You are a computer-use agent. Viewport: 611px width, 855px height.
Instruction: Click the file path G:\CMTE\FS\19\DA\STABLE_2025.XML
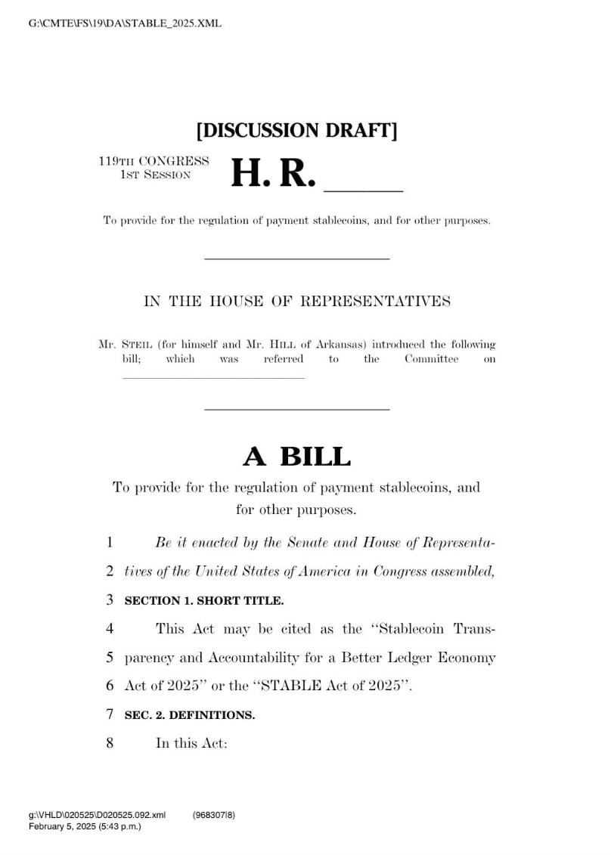click(x=125, y=23)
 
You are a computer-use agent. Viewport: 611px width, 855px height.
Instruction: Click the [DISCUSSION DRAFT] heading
click(x=297, y=130)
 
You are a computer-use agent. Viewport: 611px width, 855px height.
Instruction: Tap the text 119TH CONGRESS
click(x=154, y=161)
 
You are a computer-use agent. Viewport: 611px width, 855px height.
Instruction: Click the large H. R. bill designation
click(x=272, y=173)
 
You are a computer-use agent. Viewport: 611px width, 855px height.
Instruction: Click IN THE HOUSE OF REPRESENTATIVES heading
click(x=297, y=301)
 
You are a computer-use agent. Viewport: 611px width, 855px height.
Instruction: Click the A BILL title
click(x=296, y=457)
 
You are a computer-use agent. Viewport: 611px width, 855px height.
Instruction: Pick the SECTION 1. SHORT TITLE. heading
click(x=204, y=601)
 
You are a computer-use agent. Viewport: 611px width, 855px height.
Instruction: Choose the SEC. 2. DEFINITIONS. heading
click(x=190, y=715)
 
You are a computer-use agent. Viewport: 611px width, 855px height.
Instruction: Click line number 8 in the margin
click(x=110, y=743)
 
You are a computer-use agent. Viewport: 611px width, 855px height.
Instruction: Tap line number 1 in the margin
click(x=110, y=542)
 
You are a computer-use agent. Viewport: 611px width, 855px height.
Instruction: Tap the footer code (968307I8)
click(x=214, y=815)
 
